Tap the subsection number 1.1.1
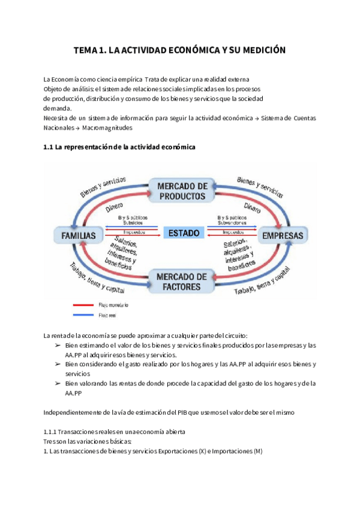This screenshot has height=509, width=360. (51, 432)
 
